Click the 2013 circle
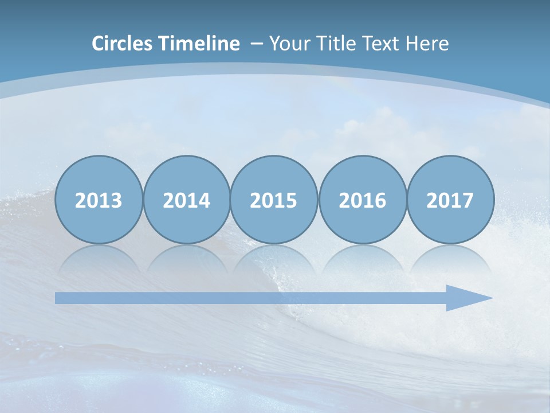pos(99,200)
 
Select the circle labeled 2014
pos(187,200)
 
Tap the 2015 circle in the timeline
pos(274,200)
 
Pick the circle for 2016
pos(362,200)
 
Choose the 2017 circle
pos(450,200)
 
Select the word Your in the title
pos(286,44)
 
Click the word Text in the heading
pos(378,44)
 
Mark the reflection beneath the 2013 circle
pos(99,258)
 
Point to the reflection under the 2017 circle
pos(450,258)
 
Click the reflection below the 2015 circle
pos(274,258)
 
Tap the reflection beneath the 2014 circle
pos(187,258)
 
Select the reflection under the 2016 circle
pos(362,258)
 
